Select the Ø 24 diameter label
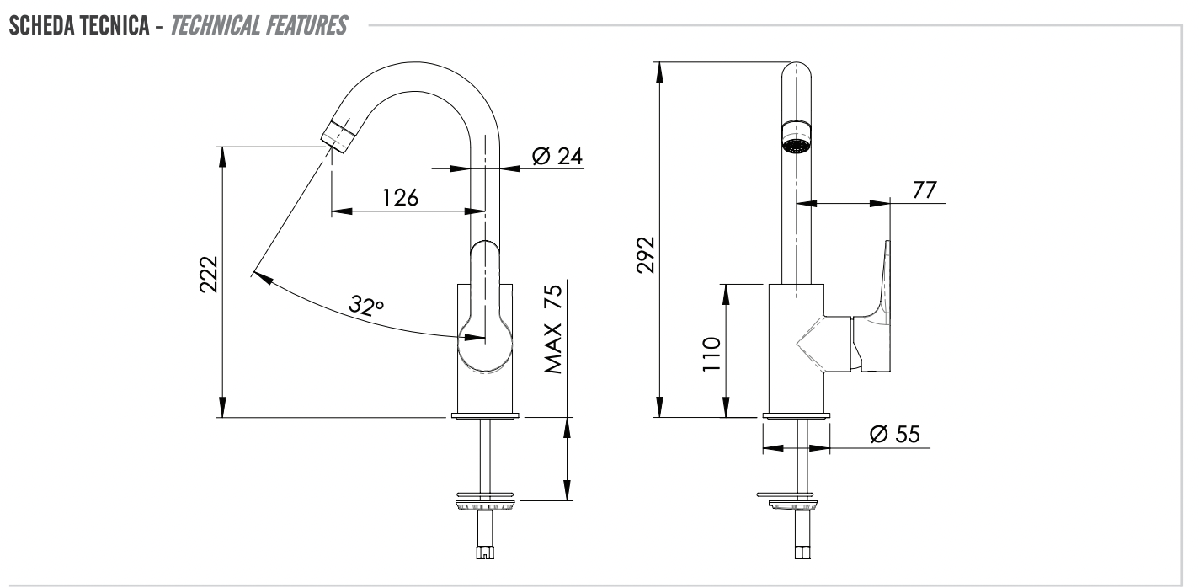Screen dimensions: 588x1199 click(x=557, y=156)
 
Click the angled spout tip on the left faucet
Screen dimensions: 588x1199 click(x=336, y=135)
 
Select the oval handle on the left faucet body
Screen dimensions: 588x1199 click(x=485, y=303)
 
